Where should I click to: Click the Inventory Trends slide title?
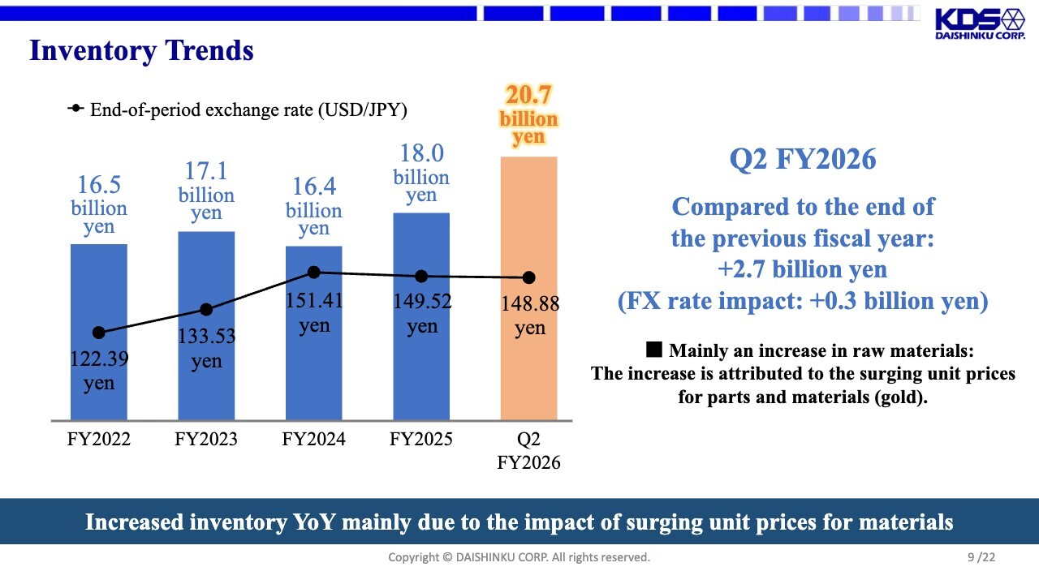(141, 50)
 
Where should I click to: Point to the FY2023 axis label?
(206, 440)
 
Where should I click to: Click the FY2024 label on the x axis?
(313, 440)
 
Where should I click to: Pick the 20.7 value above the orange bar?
(528, 96)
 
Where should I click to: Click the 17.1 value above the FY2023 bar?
(206, 172)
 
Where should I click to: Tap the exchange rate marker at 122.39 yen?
(99, 333)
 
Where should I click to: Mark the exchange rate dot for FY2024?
(314, 273)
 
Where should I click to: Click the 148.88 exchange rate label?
(530, 305)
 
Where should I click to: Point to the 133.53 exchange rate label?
(206, 336)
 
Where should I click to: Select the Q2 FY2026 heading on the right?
(803, 159)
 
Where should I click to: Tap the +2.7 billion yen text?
(803, 269)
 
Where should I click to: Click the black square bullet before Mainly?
(654, 350)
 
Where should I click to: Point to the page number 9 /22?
(981, 557)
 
